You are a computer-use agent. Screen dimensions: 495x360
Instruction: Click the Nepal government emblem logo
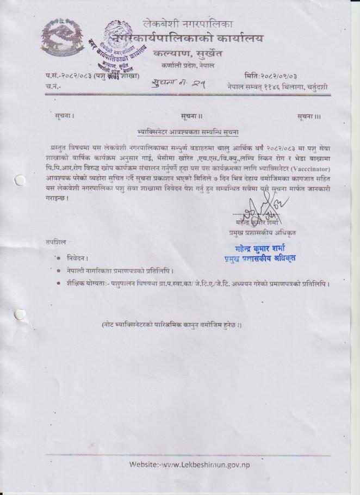coord(63,39)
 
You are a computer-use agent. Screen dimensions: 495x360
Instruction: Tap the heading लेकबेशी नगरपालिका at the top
coord(188,23)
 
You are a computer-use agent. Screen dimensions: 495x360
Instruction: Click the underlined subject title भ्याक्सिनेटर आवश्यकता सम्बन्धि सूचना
coord(188,132)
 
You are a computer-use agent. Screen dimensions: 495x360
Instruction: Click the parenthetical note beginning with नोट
coord(171,325)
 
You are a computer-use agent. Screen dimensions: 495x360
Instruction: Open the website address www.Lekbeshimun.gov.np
coord(190,465)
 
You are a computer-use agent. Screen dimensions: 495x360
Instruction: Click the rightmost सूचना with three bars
coord(309,116)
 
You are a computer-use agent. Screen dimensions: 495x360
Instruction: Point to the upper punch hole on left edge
coord(20,180)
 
